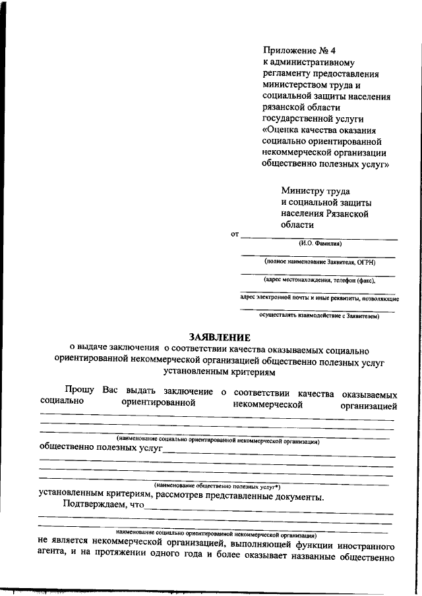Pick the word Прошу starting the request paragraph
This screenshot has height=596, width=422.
pyautogui.click(x=80, y=392)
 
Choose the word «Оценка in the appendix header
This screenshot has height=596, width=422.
pyautogui.click(x=282, y=130)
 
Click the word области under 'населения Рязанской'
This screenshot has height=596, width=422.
pyautogui.click(x=298, y=225)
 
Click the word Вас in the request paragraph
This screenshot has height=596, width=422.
pyautogui.click(x=110, y=392)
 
